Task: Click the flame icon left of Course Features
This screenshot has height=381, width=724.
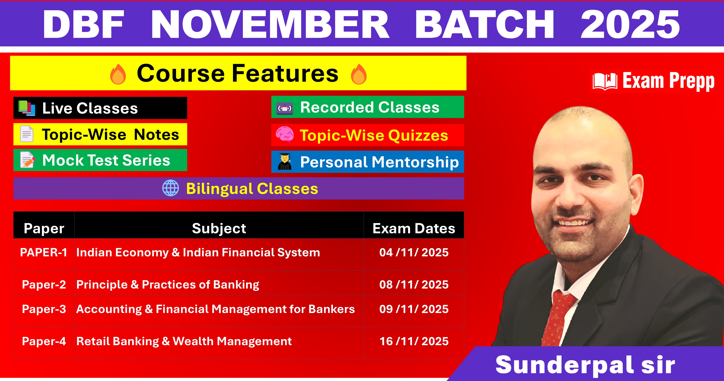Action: [x=118, y=74]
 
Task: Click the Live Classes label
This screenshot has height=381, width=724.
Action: [x=90, y=108]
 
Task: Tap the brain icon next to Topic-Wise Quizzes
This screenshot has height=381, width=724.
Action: [x=285, y=135]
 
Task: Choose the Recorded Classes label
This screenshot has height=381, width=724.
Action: [x=370, y=107]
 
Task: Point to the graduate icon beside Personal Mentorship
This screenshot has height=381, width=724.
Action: [x=285, y=162]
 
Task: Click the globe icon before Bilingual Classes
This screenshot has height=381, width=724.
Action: [x=171, y=188]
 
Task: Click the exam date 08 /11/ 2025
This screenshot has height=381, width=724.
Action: [x=414, y=285]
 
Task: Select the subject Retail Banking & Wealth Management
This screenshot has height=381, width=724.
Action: [x=184, y=341]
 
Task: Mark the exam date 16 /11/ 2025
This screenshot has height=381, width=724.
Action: [x=414, y=341]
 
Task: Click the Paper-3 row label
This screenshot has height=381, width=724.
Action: [x=44, y=309]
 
